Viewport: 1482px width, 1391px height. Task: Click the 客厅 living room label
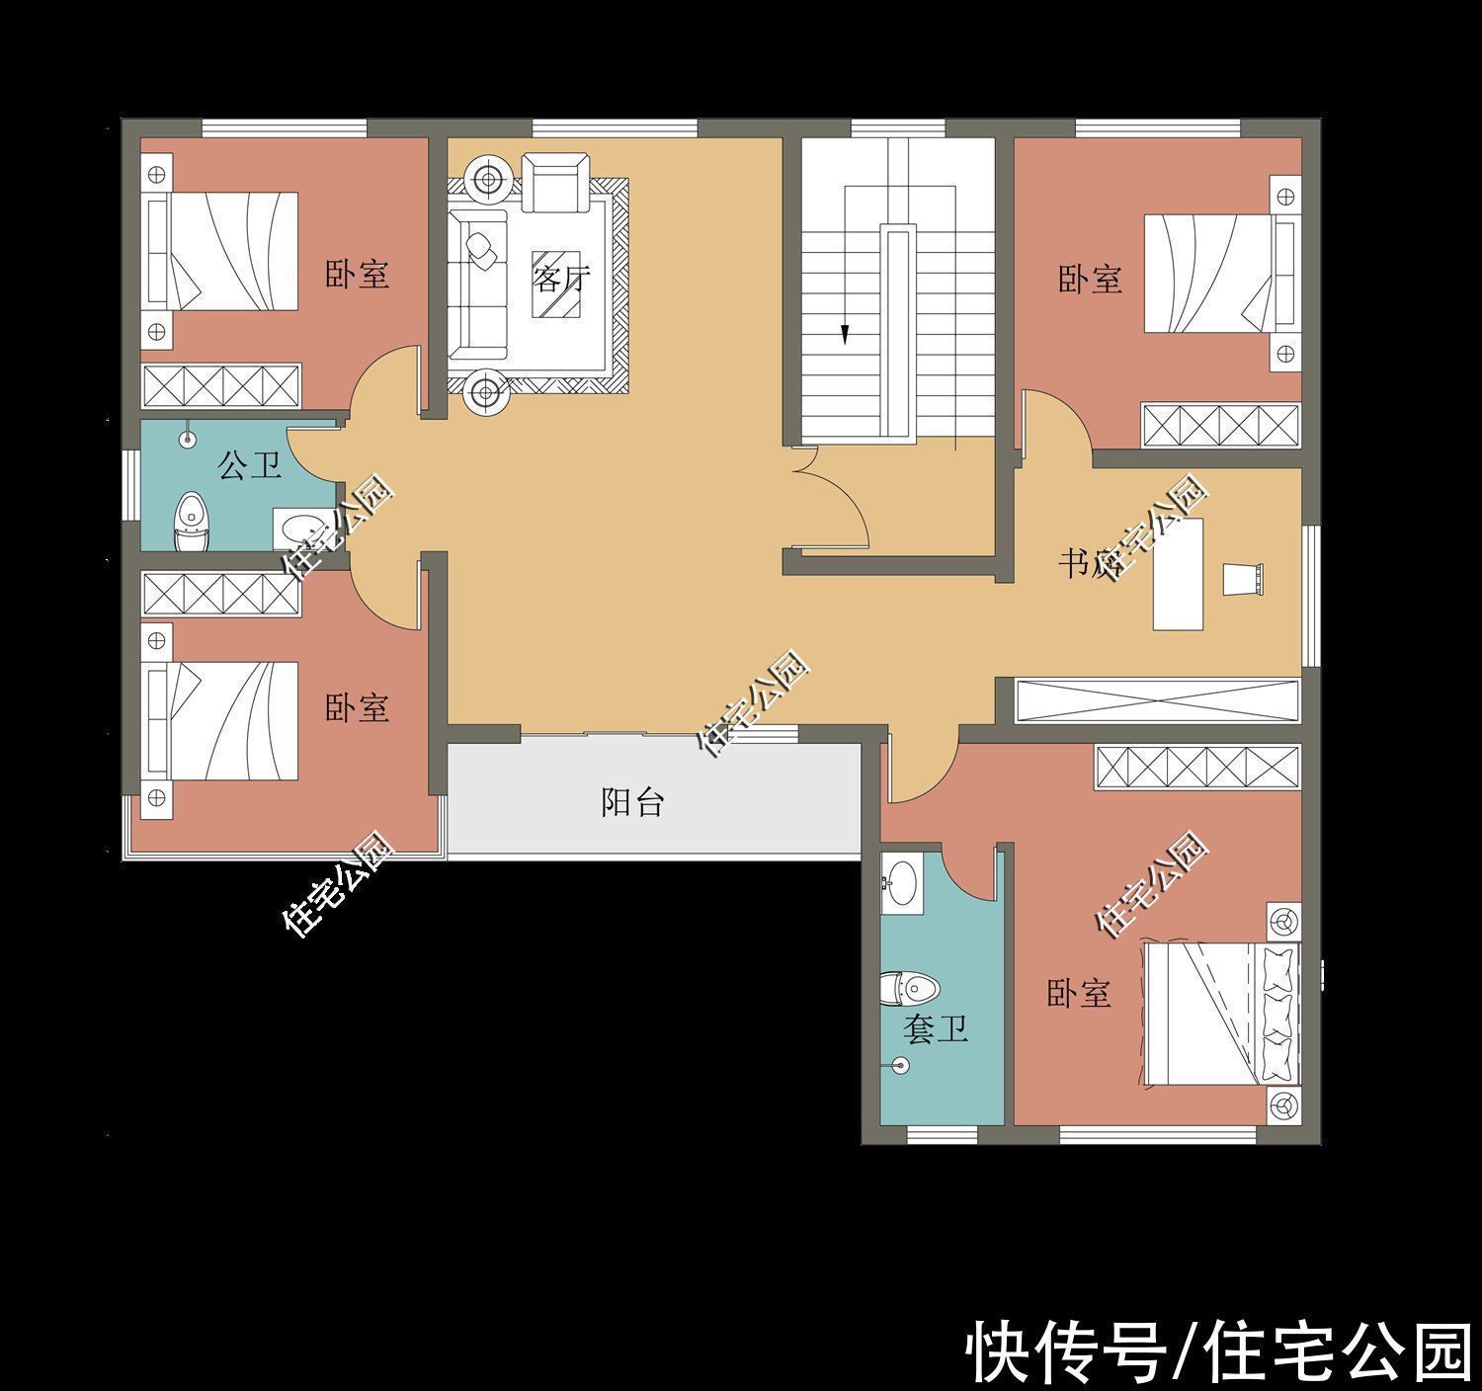click(560, 279)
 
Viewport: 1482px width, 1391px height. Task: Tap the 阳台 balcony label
click(632, 802)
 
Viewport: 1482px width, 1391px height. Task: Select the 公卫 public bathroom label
click(249, 464)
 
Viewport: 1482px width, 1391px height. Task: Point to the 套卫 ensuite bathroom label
click(935, 1030)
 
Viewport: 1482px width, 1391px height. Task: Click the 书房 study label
click(1088, 564)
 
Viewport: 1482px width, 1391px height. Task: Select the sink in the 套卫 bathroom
click(900, 877)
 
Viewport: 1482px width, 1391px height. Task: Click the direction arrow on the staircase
click(845, 335)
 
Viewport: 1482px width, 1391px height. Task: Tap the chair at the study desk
click(1242, 578)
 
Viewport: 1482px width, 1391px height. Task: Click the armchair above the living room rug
click(551, 182)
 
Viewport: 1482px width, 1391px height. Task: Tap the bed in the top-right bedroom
click(1219, 273)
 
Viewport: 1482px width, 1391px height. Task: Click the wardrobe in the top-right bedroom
click(1220, 426)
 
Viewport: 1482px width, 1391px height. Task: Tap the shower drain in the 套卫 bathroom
click(899, 1065)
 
